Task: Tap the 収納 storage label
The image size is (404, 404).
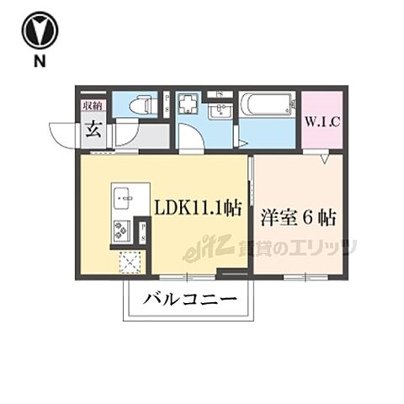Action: (93, 105)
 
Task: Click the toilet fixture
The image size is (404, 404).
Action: (140, 105)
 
